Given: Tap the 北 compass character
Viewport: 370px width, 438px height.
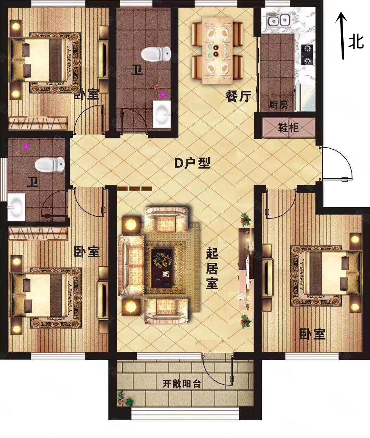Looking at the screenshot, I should tap(356, 42).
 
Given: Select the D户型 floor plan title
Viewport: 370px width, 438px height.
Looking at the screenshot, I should tap(192, 163).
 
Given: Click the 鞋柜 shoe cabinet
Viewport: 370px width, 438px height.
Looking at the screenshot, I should tap(288, 127).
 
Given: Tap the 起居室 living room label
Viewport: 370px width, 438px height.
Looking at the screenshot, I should tap(212, 268).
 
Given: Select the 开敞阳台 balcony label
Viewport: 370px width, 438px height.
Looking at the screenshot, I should tap(182, 384).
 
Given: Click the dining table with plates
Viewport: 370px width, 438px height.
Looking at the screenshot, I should tap(217, 51).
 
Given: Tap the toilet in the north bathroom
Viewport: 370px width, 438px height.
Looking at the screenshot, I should tap(156, 54).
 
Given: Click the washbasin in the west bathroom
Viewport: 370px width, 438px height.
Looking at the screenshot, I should tap(16, 207).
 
